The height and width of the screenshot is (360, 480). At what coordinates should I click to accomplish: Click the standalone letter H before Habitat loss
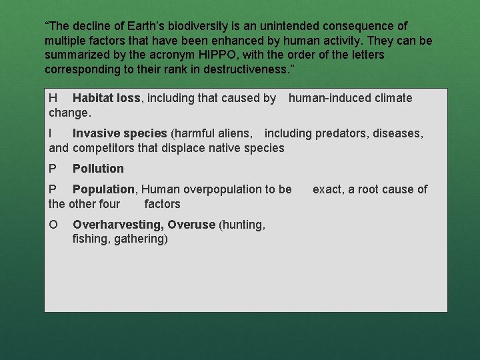53,98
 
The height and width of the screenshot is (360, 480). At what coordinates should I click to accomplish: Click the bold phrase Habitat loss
106,98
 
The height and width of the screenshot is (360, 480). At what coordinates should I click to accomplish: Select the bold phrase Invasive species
120,133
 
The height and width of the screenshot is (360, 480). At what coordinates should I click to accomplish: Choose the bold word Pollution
98,169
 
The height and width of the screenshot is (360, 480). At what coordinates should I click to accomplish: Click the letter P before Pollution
53,169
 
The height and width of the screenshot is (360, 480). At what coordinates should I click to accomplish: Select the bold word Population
103,189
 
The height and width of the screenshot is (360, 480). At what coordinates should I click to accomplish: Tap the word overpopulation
217,189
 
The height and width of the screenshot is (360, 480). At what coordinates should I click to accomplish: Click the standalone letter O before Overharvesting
53,225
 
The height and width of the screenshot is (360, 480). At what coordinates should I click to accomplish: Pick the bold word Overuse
191,225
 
